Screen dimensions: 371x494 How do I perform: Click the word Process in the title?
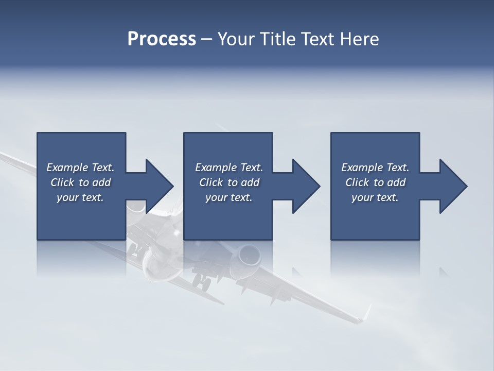pos(162,39)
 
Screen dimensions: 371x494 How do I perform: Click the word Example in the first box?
pos(67,167)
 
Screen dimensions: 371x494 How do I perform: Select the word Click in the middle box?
pos(211,182)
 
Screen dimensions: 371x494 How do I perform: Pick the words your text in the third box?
pos(375,197)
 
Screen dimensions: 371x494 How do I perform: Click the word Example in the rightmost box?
pos(362,167)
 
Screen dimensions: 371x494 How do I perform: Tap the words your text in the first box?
pos(80,197)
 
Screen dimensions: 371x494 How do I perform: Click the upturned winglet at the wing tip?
pos(366,313)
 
